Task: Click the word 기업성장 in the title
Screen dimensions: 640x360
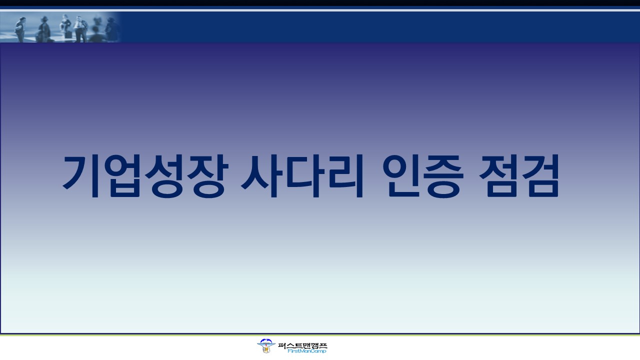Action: (x=145, y=176)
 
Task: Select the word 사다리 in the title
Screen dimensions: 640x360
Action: (x=302, y=176)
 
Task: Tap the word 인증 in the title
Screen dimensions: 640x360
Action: (x=423, y=176)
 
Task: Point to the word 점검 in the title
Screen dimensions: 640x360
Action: (x=519, y=175)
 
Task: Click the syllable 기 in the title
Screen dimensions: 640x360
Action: (x=81, y=176)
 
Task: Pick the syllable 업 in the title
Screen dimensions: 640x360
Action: (x=123, y=176)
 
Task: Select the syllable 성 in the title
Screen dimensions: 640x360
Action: (x=165, y=176)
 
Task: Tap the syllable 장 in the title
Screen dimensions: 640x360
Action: (x=207, y=176)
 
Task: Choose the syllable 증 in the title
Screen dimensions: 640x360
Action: (x=443, y=176)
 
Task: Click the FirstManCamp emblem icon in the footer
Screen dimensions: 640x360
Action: (x=265, y=346)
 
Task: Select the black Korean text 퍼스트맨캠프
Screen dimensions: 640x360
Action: (x=302, y=345)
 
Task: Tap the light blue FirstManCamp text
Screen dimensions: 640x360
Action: (x=306, y=351)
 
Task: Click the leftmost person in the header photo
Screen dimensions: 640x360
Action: (x=20, y=29)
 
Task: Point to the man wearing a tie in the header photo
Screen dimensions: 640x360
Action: (x=80, y=29)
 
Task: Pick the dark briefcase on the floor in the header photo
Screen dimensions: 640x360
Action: (x=68, y=35)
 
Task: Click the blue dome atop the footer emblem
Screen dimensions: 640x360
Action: (x=265, y=341)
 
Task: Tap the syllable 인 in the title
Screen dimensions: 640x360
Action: (x=401, y=176)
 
